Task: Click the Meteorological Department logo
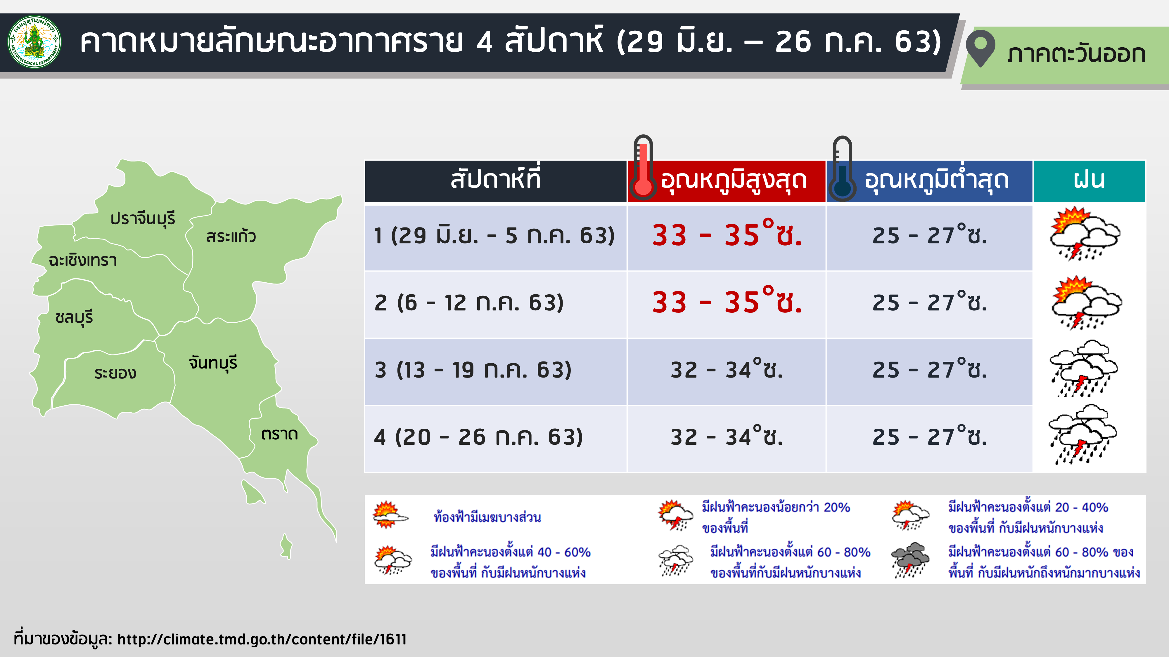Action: (x=34, y=42)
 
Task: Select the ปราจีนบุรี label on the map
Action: (x=143, y=218)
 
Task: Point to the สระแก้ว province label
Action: (x=231, y=236)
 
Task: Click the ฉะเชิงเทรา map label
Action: (x=83, y=260)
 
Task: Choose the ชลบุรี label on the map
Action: (x=74, y=317)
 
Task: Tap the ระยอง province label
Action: (x=115, y=373)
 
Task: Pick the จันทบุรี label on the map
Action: (x=213, y=363)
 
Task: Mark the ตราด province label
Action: (x=279, y=434)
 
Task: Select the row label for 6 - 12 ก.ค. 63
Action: (x=469, y=303)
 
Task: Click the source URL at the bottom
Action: (x=262, y=639)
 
